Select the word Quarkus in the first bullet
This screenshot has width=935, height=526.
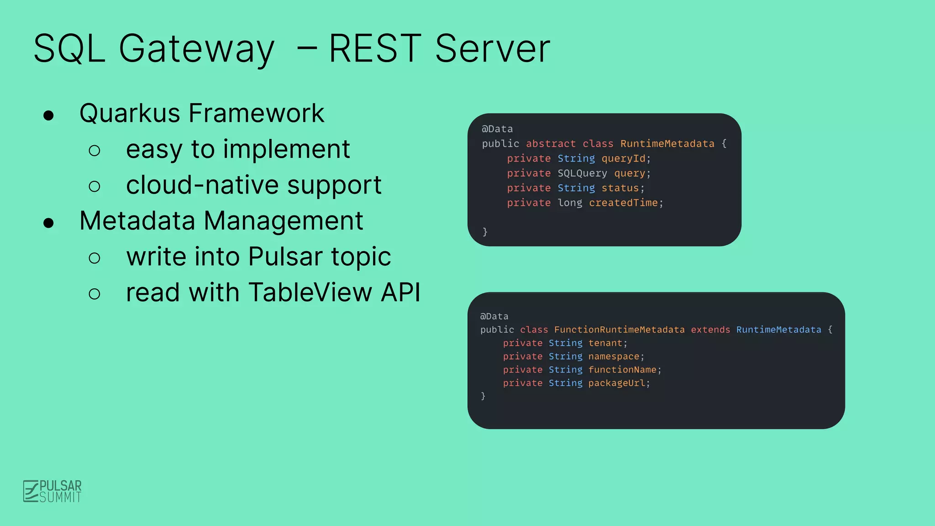click(x=130, y=113)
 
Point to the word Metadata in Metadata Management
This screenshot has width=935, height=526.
click(x=137, y=221)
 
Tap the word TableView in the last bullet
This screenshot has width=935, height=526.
click(x=310, y=292)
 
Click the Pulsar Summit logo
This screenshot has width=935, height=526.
click(x=53, y=491)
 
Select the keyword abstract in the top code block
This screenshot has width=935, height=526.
click(x=551, y=144)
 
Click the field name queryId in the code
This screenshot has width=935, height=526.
click(x=623, y=158)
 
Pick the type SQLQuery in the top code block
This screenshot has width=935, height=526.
click(x=582, y=174)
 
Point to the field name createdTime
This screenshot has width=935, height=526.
click(x=623, y=203)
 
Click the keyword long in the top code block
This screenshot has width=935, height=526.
click(x=570, y=203)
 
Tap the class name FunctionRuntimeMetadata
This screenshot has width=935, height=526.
click(x=619, y=330)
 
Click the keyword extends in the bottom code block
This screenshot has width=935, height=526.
click(x=710, y=330)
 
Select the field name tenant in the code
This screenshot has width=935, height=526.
click(x=605, y=343)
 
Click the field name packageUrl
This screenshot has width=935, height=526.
click(x=616, y=383)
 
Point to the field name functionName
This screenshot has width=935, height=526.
click(x=622, y=370)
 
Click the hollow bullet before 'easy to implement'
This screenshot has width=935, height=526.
click(x=95, y=150)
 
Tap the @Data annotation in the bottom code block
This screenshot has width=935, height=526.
click(x=494, y=316)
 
